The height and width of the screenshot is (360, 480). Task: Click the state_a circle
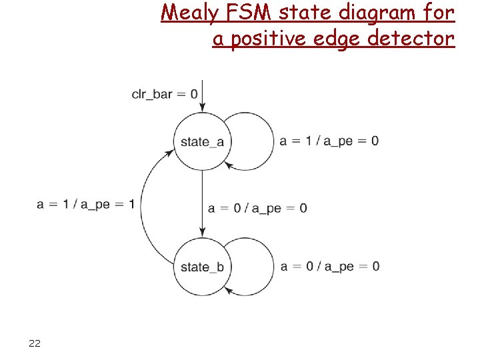201,141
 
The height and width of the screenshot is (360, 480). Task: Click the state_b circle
201,267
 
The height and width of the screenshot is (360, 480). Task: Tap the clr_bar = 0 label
165,94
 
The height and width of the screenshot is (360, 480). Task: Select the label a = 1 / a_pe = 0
329,141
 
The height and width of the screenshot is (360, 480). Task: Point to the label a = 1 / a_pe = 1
85,204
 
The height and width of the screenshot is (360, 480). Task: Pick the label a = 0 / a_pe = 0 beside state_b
330,267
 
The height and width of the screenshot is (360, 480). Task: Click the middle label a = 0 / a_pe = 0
257,208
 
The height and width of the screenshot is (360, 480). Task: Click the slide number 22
35,343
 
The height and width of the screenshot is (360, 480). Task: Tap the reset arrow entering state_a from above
201,97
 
